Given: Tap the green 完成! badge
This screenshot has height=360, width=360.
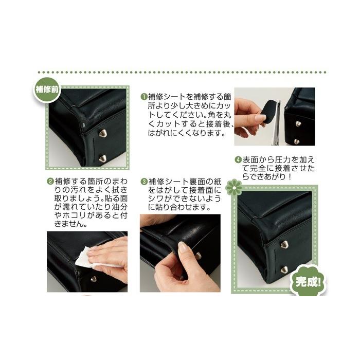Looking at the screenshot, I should (x=308, y=281).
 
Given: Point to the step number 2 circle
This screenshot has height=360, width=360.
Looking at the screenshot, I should (x=50, y=182).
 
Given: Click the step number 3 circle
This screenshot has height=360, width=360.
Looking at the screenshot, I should (x=144, y=182).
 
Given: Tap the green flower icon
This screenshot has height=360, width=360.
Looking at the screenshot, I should (x=233, y=189).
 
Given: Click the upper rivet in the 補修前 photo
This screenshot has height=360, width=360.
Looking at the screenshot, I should (x=102, y=133).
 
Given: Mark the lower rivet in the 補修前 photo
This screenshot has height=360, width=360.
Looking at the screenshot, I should (x=103, y=158).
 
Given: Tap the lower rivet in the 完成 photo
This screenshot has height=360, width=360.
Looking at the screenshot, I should (x=284, y=269).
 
